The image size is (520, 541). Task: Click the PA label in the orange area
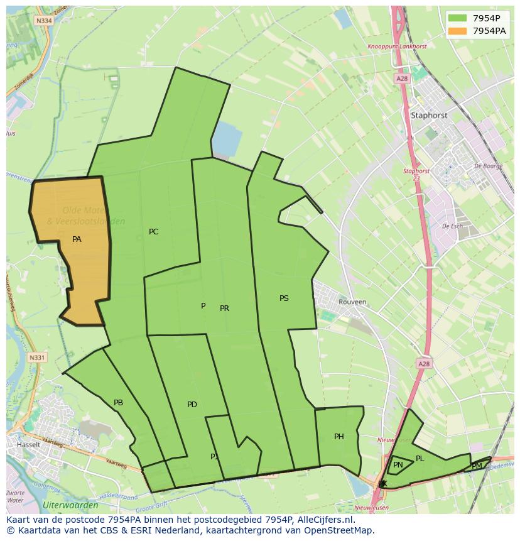(77, 239)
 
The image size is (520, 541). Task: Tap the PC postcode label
(153, 232)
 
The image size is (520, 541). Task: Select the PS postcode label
(284, 298)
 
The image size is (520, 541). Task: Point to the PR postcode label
(224, 309)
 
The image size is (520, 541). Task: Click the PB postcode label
(118, 403)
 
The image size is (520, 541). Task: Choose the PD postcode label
(192, 405)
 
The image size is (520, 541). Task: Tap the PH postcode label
(339, 437)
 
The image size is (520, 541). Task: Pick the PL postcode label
(420, 459)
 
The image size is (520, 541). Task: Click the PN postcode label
(398, 465)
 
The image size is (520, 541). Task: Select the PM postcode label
(477, 466)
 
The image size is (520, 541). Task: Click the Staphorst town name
(429, 116)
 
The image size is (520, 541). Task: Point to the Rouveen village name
(352, 302)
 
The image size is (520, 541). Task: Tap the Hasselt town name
(29, 444)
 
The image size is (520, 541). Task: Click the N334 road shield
(44, 21)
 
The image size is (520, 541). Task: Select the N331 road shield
(38, 358)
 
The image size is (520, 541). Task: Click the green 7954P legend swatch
(457, 18)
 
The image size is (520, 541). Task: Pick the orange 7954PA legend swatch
(457, 31)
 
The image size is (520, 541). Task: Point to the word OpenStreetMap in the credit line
(342, 530)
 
